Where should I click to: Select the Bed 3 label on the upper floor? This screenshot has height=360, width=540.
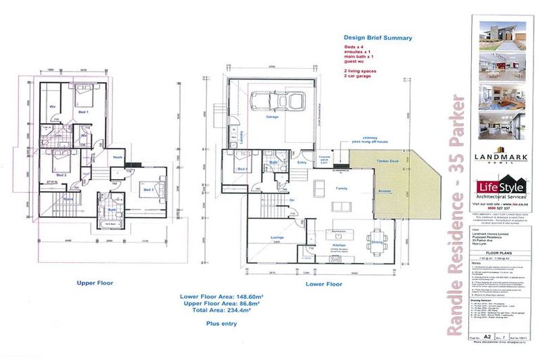148,190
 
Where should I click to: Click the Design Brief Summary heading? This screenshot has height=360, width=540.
377,38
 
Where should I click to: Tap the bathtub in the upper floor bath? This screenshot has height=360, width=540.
112,226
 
